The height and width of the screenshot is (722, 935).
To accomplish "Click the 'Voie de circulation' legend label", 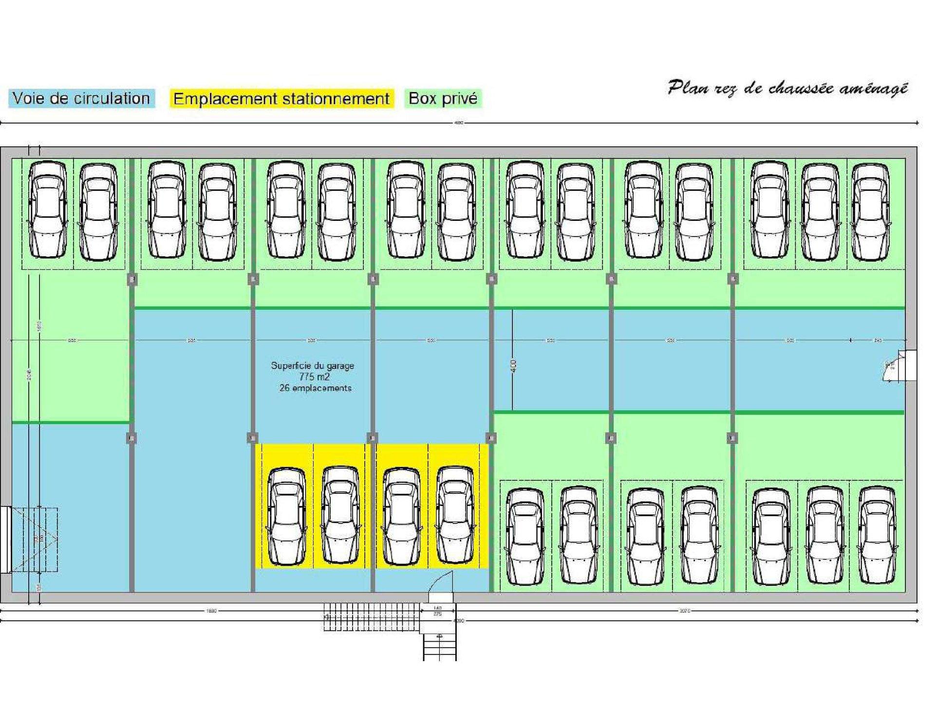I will click(81, 98).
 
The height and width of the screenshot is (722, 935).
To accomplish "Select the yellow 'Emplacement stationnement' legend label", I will click(281, 99).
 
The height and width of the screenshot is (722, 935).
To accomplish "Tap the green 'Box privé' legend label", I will click(443, 98).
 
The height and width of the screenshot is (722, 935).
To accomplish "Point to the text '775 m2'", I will click(315, 377).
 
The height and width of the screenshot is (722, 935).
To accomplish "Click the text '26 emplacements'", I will click(315, 388).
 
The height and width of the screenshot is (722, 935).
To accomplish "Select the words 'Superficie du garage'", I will click(312, 365).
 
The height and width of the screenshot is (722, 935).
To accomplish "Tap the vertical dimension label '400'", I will click(514, 366).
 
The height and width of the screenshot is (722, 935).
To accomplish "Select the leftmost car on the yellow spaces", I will click(287, 516).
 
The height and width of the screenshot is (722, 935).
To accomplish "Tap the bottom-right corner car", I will click(877, 535).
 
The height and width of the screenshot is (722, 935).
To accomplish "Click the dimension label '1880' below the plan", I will click(211, 611).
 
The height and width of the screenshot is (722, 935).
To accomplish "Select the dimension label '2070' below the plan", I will click(685, 611).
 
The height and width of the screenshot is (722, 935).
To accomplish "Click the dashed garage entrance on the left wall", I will click(34, 540).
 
